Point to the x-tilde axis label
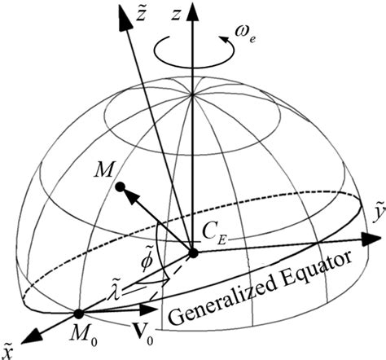[x=10, y=353]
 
